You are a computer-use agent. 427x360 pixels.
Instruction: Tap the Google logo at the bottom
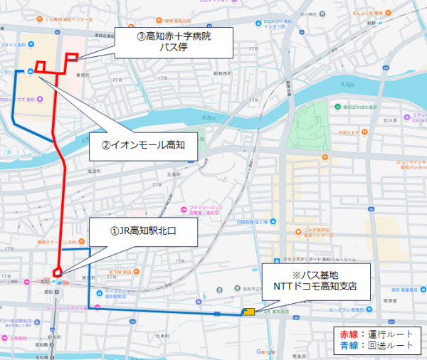[265, 351]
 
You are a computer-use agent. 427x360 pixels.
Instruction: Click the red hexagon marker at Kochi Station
[58, 271]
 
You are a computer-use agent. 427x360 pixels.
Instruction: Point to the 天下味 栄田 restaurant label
[122, 271]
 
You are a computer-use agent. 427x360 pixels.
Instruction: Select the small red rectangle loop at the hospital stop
[72, 58]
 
